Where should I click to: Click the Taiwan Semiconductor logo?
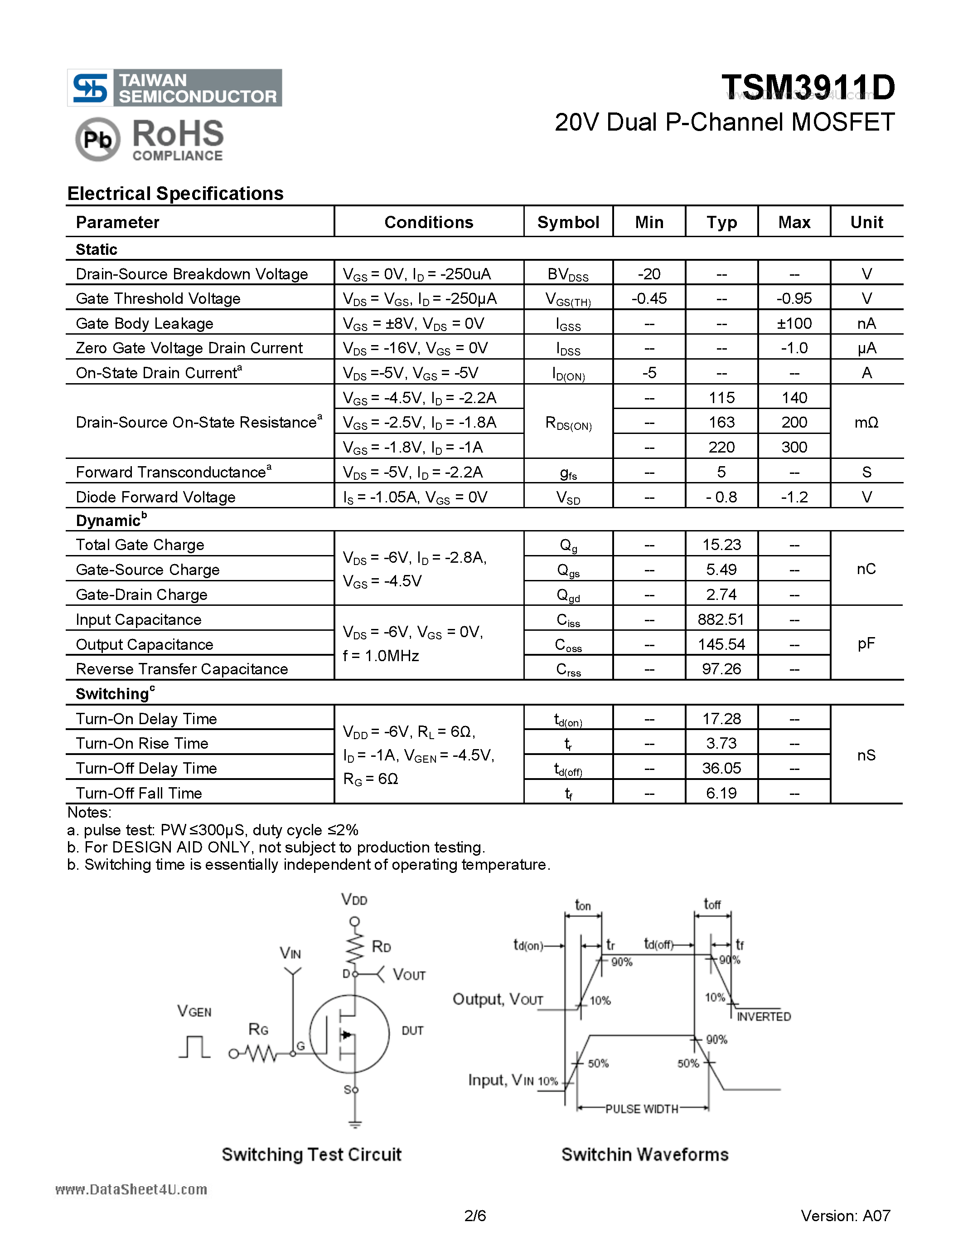click(x=174, y=88)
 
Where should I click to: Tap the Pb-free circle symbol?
click(x=97, y=139)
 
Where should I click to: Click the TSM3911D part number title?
click(x=808, y=88)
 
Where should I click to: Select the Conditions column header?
click(x=428, y=222)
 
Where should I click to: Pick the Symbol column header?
click(x=568, y=222)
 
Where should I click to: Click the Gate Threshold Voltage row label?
click(x=158, y=299)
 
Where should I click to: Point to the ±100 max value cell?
click(x=794, y=324)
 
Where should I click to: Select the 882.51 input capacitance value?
click(x=721, y=619)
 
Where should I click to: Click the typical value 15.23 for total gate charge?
click(x=721, y=545)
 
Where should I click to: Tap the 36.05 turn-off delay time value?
click(x=721, y=768)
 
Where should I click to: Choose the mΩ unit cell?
click(x=866, y=423)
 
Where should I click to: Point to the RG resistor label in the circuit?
click(x=258, y=1029)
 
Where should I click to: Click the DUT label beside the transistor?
click(x=412, y=1031)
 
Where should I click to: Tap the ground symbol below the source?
click(x=355, y=1124)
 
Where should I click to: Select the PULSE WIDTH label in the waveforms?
click(x=642, y=1109)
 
